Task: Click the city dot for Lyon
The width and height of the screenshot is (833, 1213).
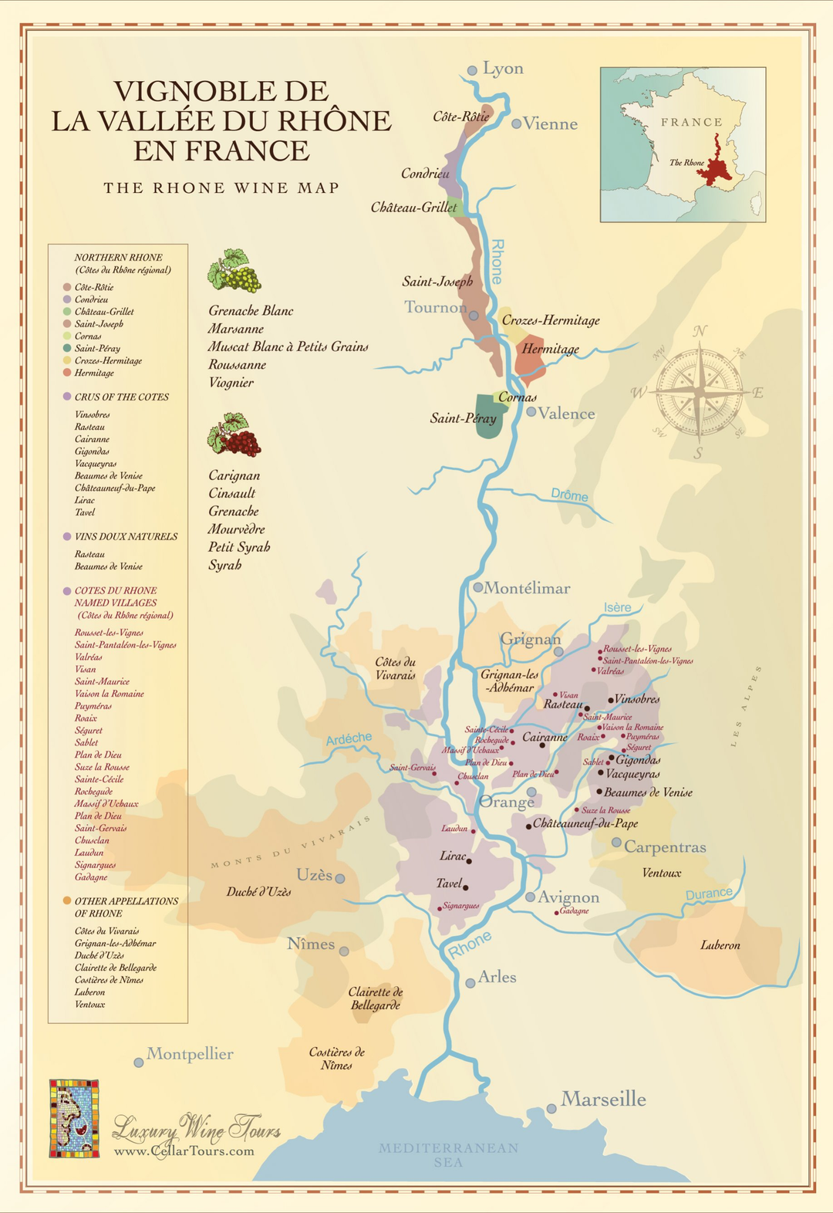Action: pos(472,70)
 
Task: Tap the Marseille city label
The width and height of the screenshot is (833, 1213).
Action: pos(603,1099)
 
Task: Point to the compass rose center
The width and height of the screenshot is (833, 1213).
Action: pos(699,393)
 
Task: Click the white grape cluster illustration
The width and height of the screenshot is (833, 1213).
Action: pos(234,271)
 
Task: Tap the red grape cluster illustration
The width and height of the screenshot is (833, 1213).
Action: pos(234,436)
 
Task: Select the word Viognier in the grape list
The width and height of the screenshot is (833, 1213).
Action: pos(231,383)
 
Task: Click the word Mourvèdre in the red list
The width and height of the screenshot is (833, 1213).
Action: pos(236,529)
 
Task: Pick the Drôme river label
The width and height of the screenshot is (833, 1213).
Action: pos(569,495)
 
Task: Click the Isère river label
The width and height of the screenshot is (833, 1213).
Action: pos(617,608)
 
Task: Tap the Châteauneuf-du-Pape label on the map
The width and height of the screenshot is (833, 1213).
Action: pos(585,823)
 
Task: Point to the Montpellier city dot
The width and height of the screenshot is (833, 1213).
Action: pos(139,1063)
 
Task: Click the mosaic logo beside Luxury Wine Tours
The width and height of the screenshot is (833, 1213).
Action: pos(74,1118)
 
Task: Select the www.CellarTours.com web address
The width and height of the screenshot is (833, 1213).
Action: pos(184,1151)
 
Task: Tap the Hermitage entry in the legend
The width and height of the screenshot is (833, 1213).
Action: pos(94,373)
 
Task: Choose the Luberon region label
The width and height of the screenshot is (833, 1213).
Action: pos(720,945)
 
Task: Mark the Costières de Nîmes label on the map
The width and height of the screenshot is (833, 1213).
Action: pos(336,1059)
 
